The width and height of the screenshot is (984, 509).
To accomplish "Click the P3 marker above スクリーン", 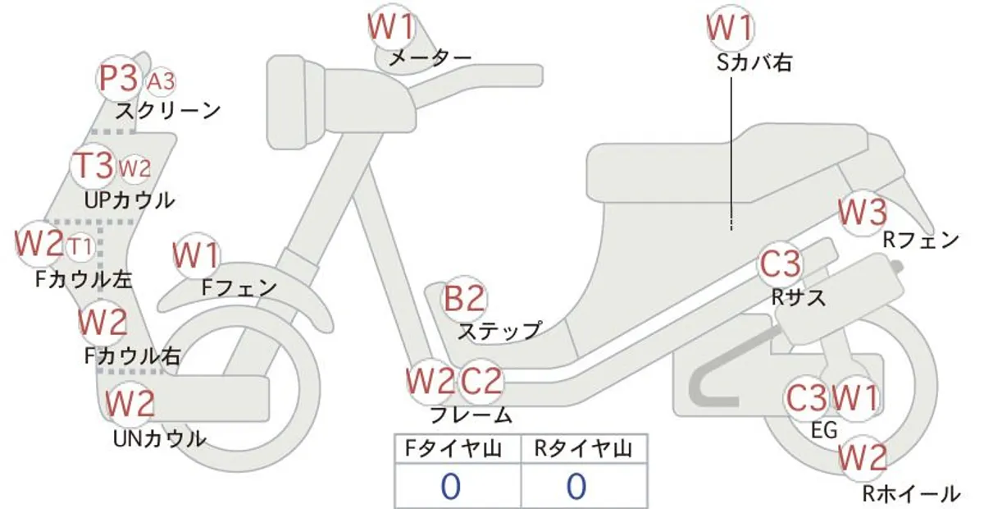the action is coord(119,79).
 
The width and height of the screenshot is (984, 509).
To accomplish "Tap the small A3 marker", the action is coord(161,82).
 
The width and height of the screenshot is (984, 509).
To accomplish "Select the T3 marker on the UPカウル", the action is coord(93,166).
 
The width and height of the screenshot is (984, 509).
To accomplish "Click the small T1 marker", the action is coord(81,246).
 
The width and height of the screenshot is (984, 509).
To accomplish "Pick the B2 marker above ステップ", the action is coord(464,299).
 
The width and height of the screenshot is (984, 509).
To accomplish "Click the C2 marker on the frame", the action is coord(481,381).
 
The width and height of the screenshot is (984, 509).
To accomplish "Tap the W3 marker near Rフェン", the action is coord(863,213).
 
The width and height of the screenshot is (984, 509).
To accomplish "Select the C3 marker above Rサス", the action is coord(780,264).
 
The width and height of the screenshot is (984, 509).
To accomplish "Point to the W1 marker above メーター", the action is coord(391,26).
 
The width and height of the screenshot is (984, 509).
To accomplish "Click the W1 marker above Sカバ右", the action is coord(730,27).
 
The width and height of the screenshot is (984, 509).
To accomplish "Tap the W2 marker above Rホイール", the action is coord(862,458).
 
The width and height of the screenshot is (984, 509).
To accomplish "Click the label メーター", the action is coord(430,57).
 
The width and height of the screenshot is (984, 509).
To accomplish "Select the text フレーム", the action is coord(471,415).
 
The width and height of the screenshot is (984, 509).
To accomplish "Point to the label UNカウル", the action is coord(160,438).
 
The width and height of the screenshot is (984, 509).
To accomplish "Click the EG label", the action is coord(823,430).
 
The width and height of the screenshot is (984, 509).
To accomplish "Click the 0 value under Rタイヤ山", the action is coord(576,487).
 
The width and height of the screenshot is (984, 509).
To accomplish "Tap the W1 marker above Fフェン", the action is coord(196,255).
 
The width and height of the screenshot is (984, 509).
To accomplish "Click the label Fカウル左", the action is coord(84,279).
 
